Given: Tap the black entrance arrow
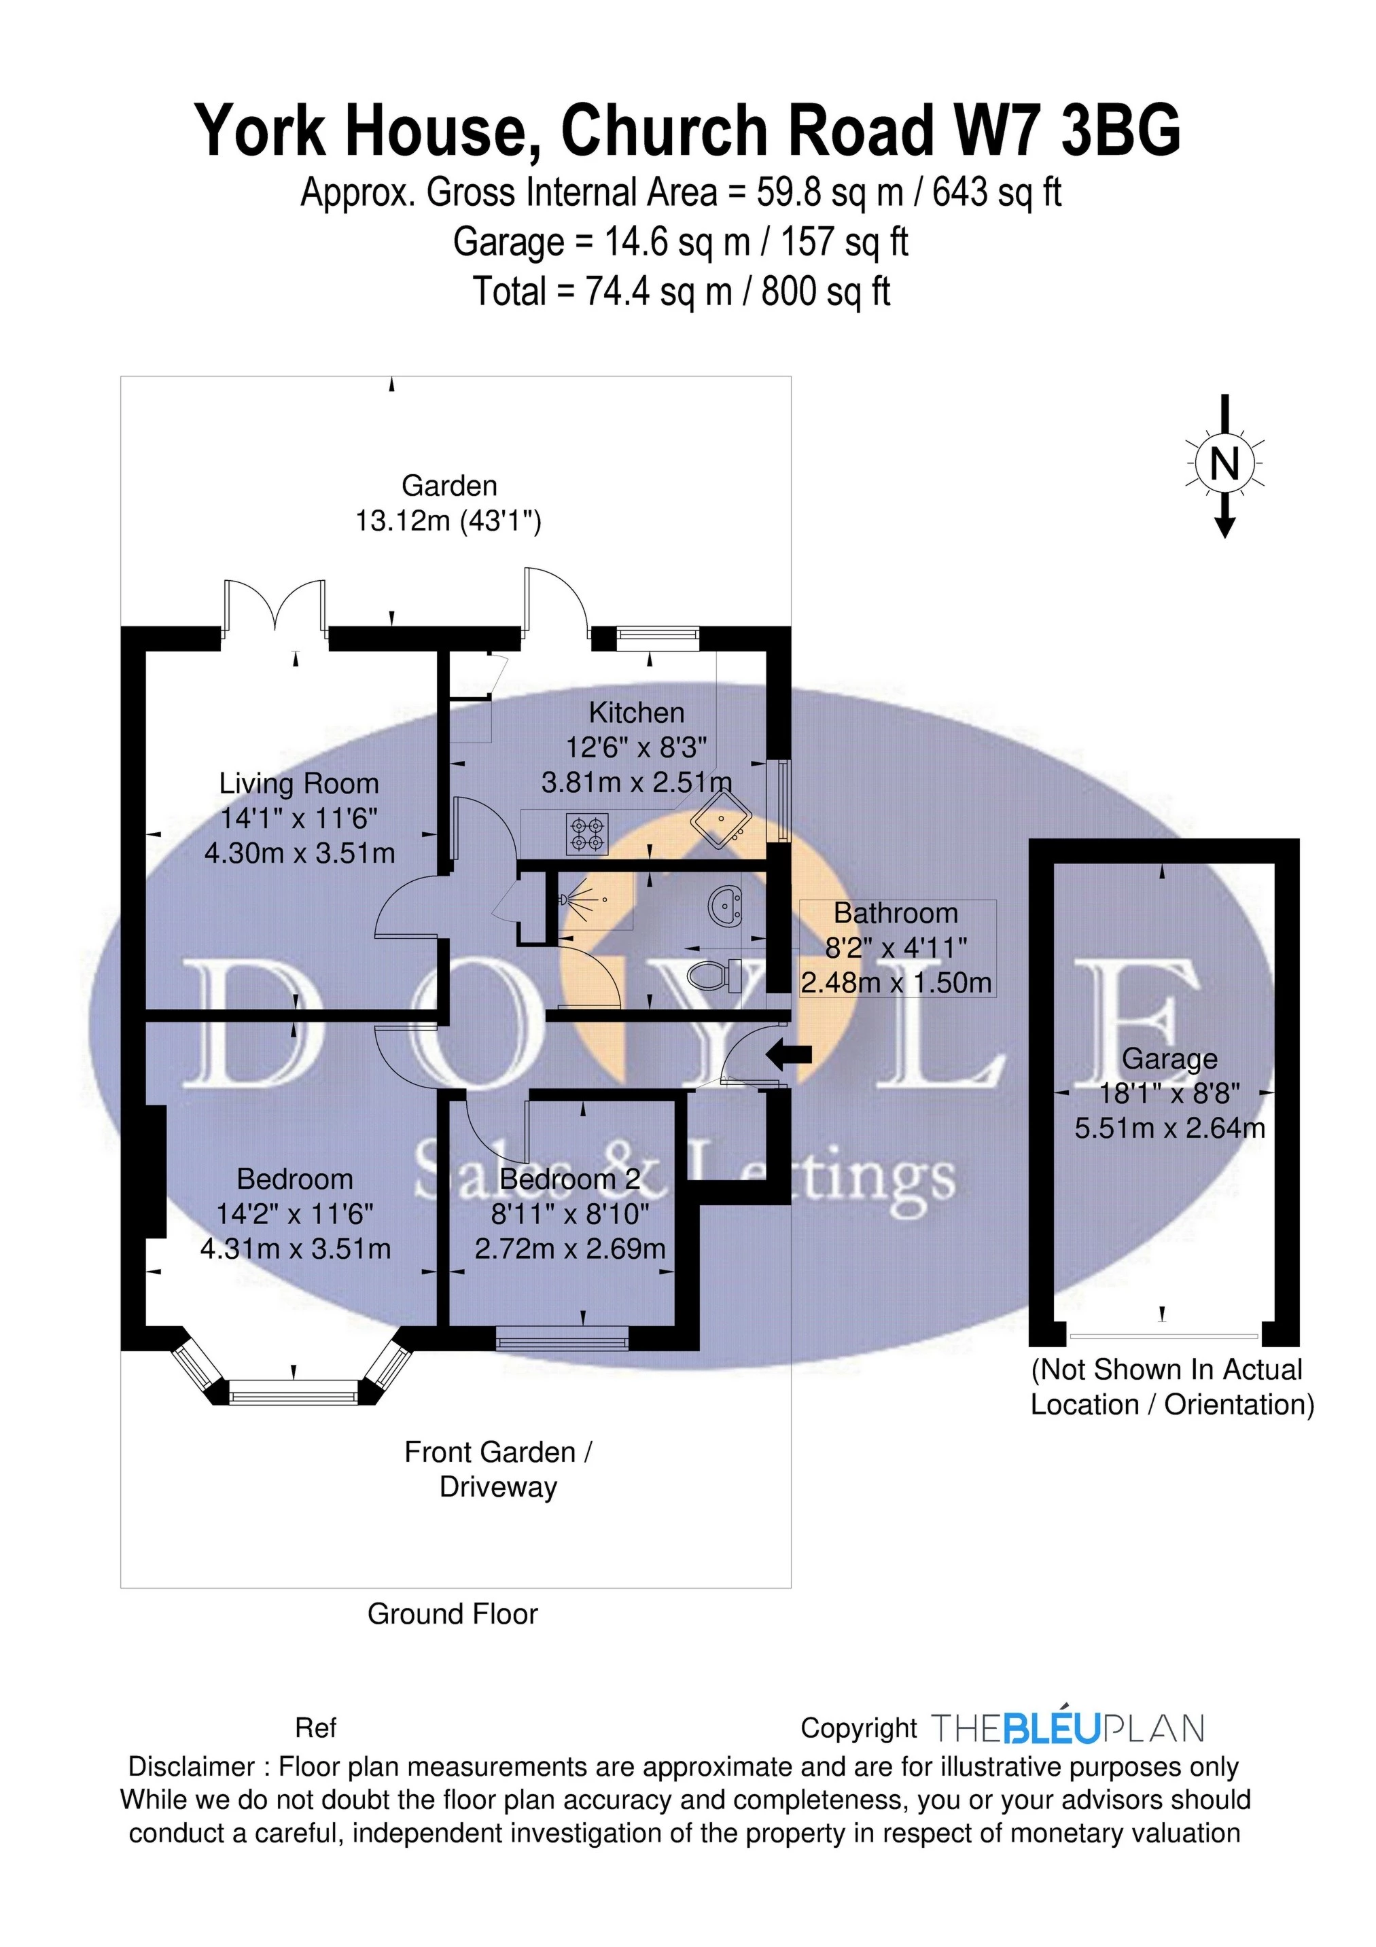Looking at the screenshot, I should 789,1055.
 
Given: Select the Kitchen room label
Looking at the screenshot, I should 636,713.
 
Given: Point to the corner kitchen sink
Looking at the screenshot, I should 721,819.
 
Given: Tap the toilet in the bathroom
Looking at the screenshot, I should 713,976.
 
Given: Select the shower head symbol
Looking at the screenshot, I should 567,899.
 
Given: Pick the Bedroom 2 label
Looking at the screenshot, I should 569,1179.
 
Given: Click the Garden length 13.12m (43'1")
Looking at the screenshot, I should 448,520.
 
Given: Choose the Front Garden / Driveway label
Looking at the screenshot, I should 498,1469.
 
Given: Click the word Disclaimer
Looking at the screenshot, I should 191,1766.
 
